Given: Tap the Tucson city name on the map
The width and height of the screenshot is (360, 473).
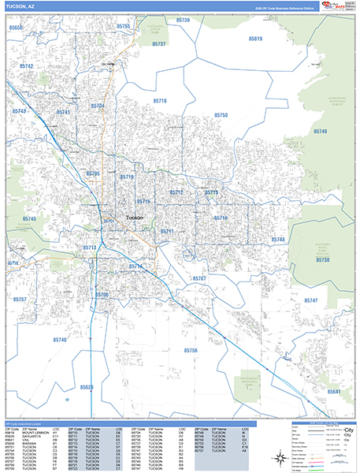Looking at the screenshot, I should (x=135, y=217).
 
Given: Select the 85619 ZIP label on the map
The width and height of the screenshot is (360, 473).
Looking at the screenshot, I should (x=254, y=38).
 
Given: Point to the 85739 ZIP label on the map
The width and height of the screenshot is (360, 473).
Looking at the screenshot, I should (x=183, y=20).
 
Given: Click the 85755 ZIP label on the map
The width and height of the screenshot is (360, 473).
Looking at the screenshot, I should (x=123, y=26).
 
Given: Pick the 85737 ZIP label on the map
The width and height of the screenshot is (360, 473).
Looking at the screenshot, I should (x=158, y=44).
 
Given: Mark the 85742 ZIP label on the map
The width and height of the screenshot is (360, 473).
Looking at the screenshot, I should (x=27, y=67).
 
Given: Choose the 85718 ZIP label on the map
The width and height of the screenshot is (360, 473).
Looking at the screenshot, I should (x=160, y=101).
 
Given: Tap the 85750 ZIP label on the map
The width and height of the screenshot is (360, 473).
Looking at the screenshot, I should (x=220, y=115).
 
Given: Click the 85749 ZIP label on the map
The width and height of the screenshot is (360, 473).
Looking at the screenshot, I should (x=320, y=131).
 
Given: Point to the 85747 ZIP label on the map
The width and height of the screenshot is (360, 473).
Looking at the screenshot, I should (x=310, y=300).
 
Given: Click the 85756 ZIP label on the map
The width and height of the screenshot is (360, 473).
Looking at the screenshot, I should (x=191, y=349).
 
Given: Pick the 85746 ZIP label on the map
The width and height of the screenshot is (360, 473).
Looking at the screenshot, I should (x=61, y=340).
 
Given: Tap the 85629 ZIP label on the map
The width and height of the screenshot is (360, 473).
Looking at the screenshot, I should (x=86, y=387).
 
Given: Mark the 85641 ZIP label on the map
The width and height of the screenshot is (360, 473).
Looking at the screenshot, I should (x=334, y=391).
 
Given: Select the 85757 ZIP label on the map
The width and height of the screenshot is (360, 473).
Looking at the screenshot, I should (x=20, y=300).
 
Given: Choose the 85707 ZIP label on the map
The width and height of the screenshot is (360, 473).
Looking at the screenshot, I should (x=199, y=278).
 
